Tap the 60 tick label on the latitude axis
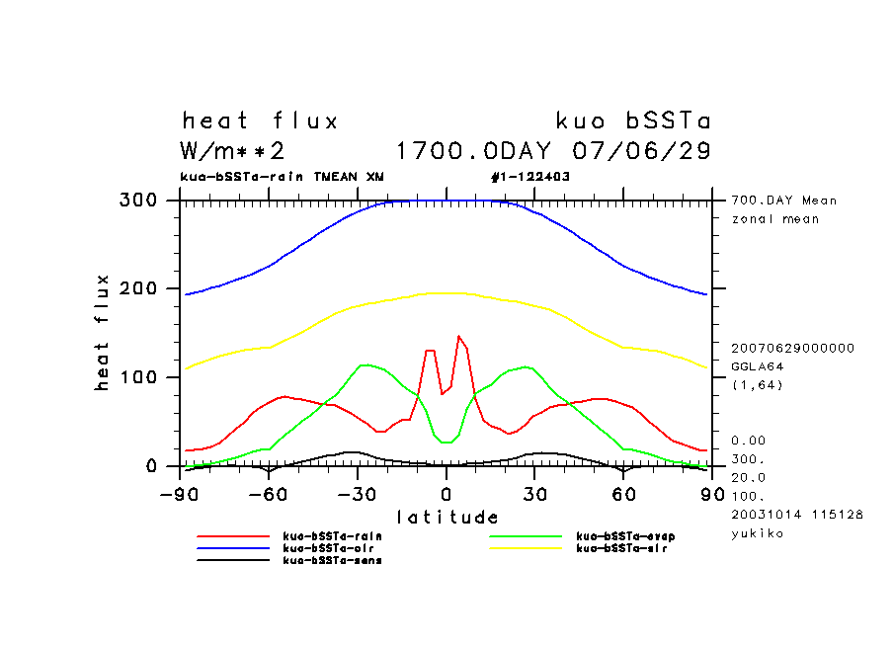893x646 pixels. [x=623, y=492]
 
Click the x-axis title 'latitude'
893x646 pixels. [x=447, y=517]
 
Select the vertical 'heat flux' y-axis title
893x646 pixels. [x=102, y=333]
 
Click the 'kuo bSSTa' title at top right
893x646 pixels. [x=633, y=121]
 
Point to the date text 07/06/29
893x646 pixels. [x=641, y=152]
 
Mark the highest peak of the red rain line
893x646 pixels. [x=458, y=337]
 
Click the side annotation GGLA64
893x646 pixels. [x=754, y=365]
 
